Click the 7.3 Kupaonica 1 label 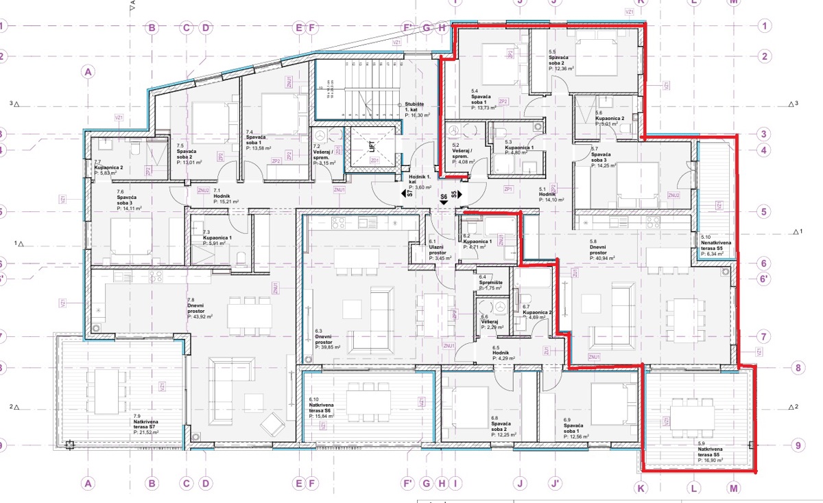(219, 238)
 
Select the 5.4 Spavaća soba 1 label (486, 100)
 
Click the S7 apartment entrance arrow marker (409, 195)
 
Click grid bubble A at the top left (86, 71)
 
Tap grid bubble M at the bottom (735, 488)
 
